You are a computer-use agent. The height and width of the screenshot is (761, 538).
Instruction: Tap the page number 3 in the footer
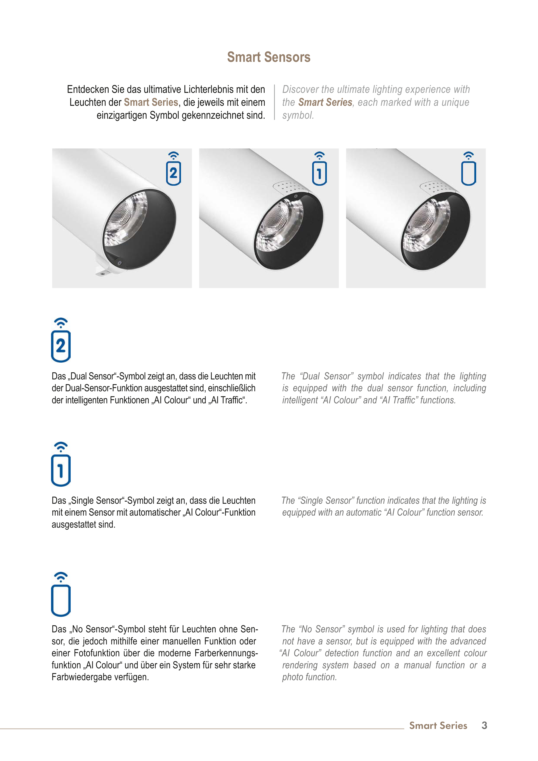(x=484, y=725)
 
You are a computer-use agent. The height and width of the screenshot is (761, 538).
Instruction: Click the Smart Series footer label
(x=438, y=725)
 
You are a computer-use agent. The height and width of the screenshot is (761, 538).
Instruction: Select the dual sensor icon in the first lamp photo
(x=173, y=168)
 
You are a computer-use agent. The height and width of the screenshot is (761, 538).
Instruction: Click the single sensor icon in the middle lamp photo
(x=319, y=168)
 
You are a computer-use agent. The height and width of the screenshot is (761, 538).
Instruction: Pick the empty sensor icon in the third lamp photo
(x=468, y=168)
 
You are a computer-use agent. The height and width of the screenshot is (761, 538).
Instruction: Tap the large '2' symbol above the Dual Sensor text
(x=61, y=340)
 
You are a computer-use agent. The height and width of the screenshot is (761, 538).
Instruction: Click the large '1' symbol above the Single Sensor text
(x=61, y=464)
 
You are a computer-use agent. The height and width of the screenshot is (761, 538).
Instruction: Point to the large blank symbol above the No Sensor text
(x=61, y=594)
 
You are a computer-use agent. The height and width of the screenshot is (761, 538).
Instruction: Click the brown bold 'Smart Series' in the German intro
(x=151, y=102)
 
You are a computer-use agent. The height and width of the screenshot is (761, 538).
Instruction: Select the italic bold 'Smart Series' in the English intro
(x=325, y=102)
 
